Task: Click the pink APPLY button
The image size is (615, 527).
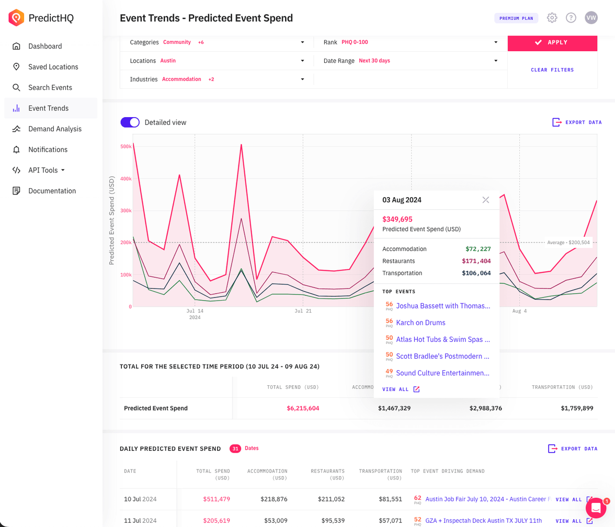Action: click(x=552, y=42)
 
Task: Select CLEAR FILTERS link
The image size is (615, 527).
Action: click(x=552, y=70)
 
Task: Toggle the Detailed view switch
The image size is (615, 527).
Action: click(x=130, y=122)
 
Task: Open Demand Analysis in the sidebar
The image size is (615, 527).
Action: click(x=55, y=129)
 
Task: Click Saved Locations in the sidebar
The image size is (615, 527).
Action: click(x=53, y=67)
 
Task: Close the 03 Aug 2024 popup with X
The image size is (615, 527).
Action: click(x=486, y=200)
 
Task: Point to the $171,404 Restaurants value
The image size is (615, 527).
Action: click(x=476, y=261)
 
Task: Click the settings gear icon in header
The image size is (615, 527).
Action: click(x=552, y=18)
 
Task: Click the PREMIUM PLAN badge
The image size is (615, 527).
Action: click(x=516, y=18)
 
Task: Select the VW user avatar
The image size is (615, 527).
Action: click(x=591, y=18)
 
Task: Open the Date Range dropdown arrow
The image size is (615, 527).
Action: click(x=496, y=61)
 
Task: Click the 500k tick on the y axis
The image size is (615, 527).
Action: click(x=126, y=146)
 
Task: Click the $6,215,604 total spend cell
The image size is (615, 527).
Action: click(x=303, y=408)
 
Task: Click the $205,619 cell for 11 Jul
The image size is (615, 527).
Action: click(x=217, y=521)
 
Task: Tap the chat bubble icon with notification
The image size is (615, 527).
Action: click(x=596, y=508)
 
